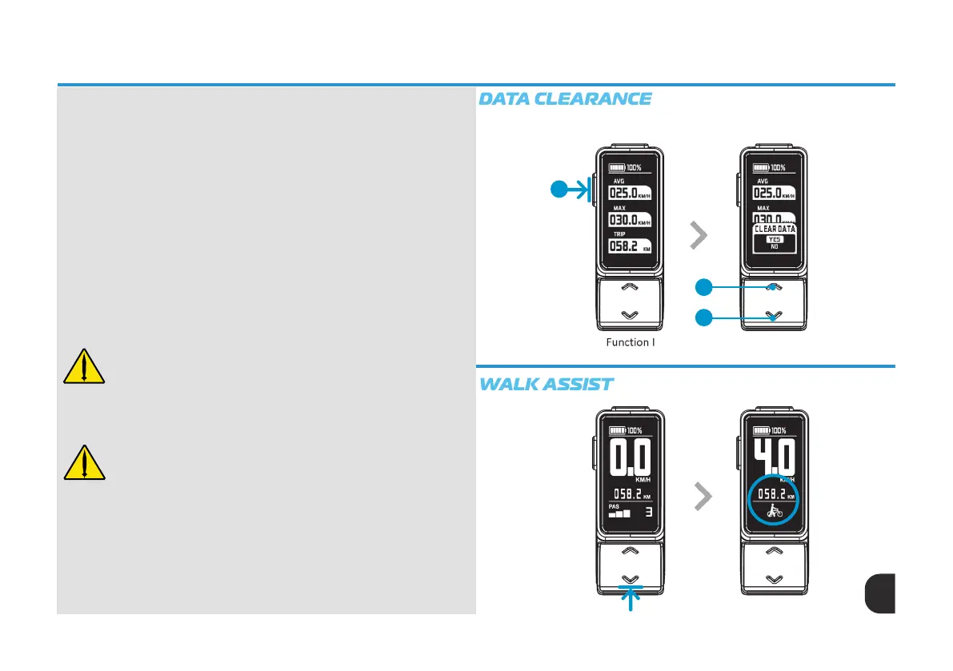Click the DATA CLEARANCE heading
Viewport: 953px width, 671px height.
click(x=565, y=99)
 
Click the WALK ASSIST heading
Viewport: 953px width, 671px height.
click(x=546, y=385)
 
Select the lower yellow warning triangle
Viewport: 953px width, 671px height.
click(x=84, y=461)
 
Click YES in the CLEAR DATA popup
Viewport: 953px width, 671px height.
click(x=774, y=238)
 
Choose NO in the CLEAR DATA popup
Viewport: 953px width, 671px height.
click(x=774, y=247)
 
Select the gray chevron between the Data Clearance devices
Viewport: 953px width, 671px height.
click(x=699, y=235)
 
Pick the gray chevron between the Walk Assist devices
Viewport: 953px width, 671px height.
click(x=702, y=497)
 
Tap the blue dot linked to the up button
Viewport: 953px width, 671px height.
click(x=704, y=287)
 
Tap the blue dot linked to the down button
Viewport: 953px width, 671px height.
click(x=704, y=318)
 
